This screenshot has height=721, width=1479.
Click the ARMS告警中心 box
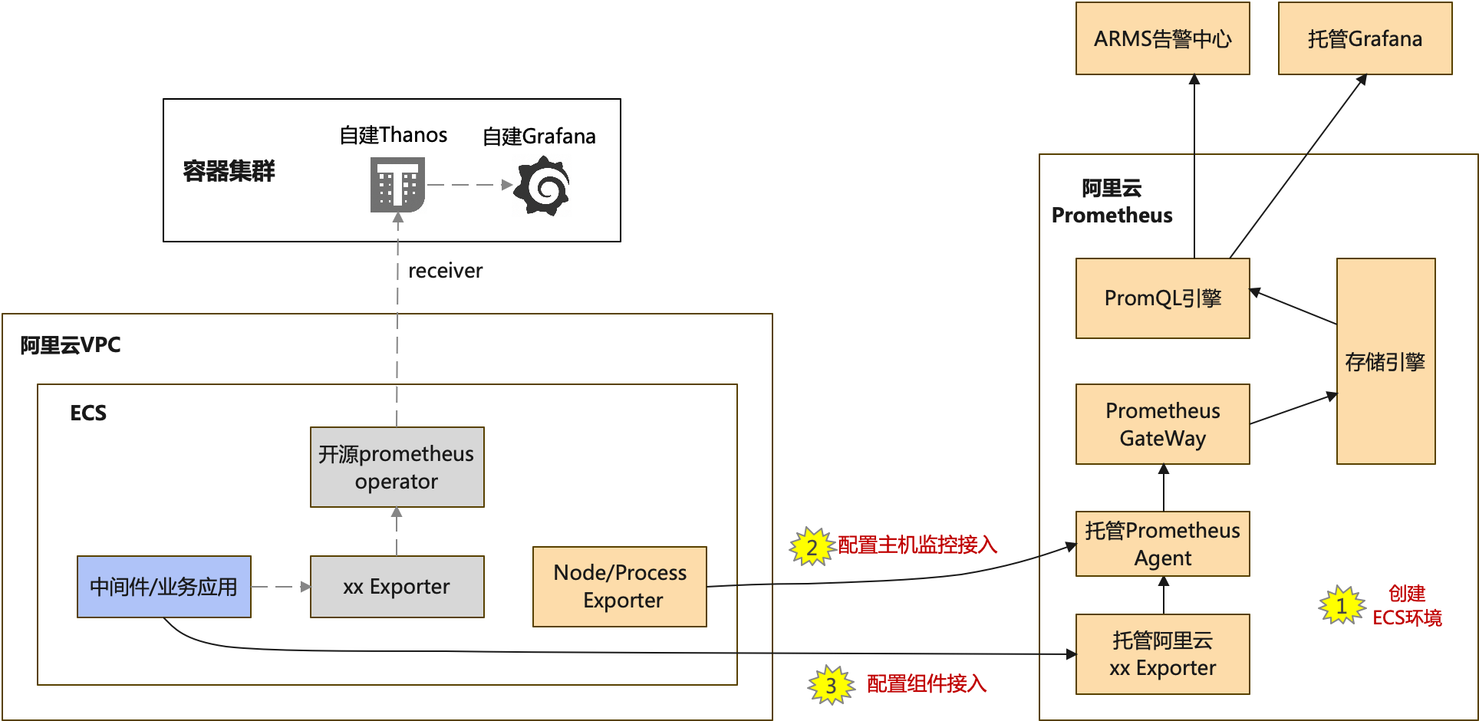click(1162, 38)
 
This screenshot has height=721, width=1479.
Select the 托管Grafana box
click(1365, 38)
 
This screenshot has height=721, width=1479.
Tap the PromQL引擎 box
click(1162, 298)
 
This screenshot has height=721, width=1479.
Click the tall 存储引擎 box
click(1385, 361)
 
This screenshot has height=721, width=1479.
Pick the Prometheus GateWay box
click(1162, 424)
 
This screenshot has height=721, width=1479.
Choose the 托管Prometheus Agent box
click(1162, 544)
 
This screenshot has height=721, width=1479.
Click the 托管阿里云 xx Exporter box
click(1162, 654)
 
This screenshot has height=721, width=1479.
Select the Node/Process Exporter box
click(620, 587)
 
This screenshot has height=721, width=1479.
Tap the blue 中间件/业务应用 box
click(164, 587)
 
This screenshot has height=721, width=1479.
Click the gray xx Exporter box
click(397, 587)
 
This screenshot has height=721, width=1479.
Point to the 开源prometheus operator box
click(397, 467)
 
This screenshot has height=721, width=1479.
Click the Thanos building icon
click(397, 185)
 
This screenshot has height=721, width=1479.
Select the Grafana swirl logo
click(542, 186)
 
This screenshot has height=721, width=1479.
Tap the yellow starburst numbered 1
click(1342, 606)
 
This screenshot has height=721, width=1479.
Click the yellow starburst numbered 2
click(812, 547)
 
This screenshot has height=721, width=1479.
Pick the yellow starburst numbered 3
click(831, 685)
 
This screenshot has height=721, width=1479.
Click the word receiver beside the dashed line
click(446, 271)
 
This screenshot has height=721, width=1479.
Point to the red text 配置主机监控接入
click(917, 545)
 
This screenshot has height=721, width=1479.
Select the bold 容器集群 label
click(229, 171)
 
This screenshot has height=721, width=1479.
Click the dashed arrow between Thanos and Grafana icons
click(469, 185)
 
